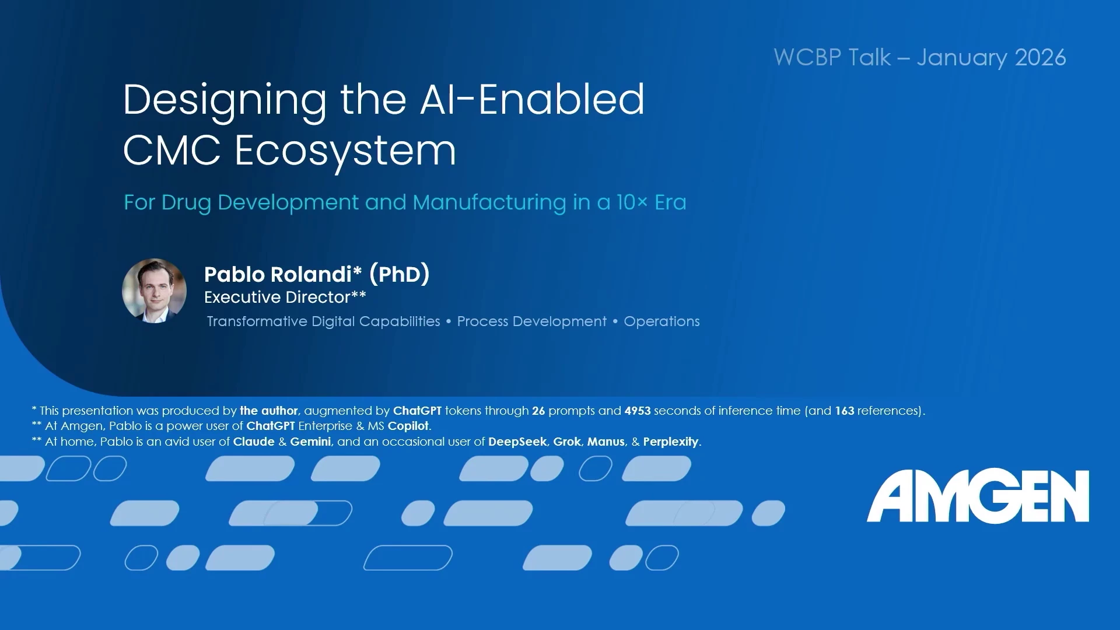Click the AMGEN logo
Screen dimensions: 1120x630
tap(978, 496)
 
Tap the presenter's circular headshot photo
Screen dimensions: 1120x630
tap(154, 290)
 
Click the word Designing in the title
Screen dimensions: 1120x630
tap(225, 101)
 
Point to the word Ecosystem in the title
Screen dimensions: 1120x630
tap(345, 151)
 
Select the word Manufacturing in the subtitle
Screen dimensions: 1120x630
tap(489, 202)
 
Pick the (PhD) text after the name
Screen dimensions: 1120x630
tap(400, 274)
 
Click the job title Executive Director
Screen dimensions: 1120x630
tap(277, 297)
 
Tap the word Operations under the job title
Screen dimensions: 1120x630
tap(661, 321)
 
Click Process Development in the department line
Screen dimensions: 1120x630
tap(531, 321)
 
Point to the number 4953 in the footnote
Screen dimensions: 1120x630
tap(637, 411)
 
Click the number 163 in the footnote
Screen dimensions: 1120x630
tap(845, 411)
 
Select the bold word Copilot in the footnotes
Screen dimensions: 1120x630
tap(408, 426)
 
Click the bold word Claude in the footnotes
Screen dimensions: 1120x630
tap(254, 442)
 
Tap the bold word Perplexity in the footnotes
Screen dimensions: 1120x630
tap(670, 442)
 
